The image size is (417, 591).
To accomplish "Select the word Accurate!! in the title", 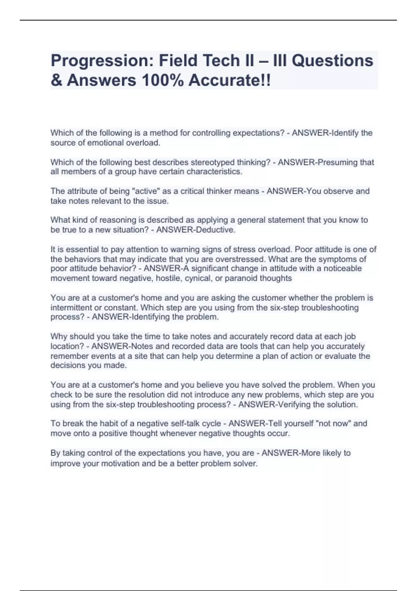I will pos(230,81).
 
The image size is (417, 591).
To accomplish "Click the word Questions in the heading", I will pos(332,61).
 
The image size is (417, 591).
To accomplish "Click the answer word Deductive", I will pos(216,230).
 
